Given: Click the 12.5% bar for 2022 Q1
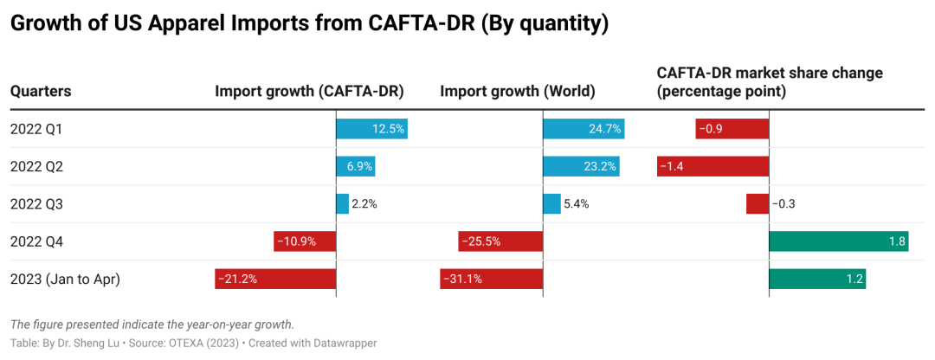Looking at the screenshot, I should [371, 129].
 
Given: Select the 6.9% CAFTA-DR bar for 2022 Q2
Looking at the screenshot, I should [355, 166].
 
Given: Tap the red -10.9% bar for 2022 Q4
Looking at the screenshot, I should [305, 241].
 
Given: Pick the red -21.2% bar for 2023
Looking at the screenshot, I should [275, 279].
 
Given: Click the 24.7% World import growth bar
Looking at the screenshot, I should [584, 129].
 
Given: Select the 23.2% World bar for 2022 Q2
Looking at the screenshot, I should [581, 166].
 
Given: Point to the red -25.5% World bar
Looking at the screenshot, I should [500, 241].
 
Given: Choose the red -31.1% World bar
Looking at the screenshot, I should [492, 279].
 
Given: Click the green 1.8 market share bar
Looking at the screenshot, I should [838, 241].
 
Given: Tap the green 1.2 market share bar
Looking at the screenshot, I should [817, 279].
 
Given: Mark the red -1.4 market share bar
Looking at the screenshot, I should [713, 166].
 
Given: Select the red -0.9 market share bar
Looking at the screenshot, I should [732, 129].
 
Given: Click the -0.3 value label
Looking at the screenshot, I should [783, 204].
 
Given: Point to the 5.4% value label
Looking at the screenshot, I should [576, 204].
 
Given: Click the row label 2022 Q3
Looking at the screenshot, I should [36, 204].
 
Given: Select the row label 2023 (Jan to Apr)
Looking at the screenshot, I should [65, 279].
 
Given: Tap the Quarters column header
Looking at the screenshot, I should [40, 91].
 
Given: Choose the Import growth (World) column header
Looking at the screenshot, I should [517, 91].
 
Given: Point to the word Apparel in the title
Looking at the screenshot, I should [178, 24].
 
